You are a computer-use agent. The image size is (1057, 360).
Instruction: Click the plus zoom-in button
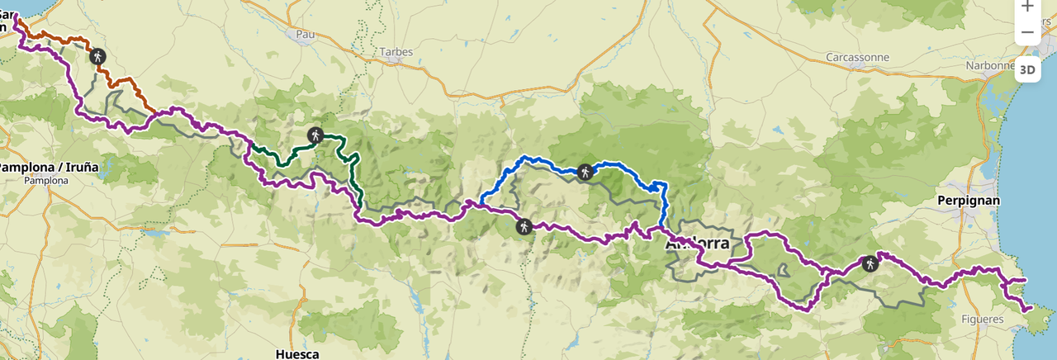click(x=1027, y=7)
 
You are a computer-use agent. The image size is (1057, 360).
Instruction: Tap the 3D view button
click(x=1027, y=69)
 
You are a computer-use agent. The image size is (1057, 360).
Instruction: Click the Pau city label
click(x=306, y=35)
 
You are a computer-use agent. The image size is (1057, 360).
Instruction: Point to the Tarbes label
click(x=396, y=52)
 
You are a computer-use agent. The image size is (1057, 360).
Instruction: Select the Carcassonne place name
click(x=857, y=58)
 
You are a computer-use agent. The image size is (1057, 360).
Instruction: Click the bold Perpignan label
click(x=969, y=201)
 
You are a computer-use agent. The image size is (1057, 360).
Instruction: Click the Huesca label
click(x=298, y=354)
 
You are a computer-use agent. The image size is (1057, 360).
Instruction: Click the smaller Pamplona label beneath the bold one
click(x=46, y=179)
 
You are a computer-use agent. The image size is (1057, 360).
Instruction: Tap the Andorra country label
click(x=698, y=244)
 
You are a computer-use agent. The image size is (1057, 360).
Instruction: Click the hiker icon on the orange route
click(x=98, y=56)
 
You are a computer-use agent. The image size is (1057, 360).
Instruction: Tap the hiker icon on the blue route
click(x=585, y=172)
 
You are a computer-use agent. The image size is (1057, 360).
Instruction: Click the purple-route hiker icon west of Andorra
click(x=524, y=225)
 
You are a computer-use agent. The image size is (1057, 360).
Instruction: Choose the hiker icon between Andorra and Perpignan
click(x=869, y=264)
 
